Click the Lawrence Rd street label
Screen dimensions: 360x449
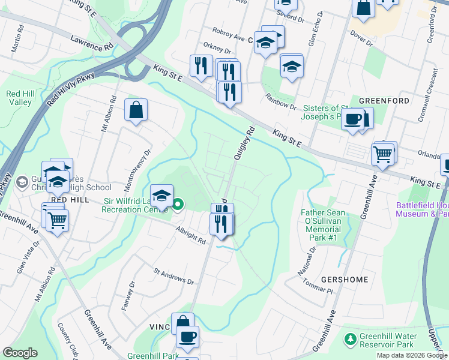pos(91,41)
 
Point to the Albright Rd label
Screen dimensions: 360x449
pos(191,235)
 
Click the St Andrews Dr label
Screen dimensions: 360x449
pos(173,277)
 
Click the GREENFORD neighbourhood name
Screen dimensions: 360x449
pos(384,101)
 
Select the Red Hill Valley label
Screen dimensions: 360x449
pos(19,98)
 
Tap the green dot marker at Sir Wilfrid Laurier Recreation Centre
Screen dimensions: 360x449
pos(178,205)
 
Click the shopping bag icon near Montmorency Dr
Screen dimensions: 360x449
pos(136,111)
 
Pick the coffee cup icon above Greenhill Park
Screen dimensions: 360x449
pos(187,337)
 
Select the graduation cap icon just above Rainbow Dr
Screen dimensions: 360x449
pos(292,67)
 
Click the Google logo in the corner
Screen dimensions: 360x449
pos(20,353)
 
